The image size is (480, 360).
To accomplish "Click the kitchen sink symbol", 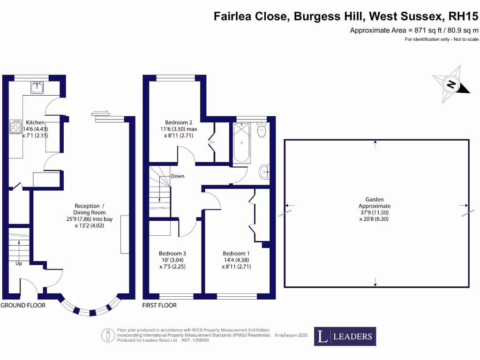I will click(x=37, y=87).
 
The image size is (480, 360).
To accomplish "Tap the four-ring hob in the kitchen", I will click(x=16, y=126).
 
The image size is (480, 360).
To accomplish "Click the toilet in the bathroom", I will click(x=262, y=131).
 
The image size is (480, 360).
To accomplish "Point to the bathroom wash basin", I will click(x=265, y=172).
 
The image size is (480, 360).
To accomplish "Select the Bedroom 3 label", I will click(x=172, y=253).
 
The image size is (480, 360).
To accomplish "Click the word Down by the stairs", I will click(x=178, y=176).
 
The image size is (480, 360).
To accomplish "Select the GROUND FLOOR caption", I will click(x=23, y=305).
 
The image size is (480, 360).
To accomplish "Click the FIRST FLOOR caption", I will click(x=159, y=305).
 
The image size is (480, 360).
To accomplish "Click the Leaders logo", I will click(x=345, y=336).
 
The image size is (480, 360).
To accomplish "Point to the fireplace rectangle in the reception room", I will click(x=125, y=234).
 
